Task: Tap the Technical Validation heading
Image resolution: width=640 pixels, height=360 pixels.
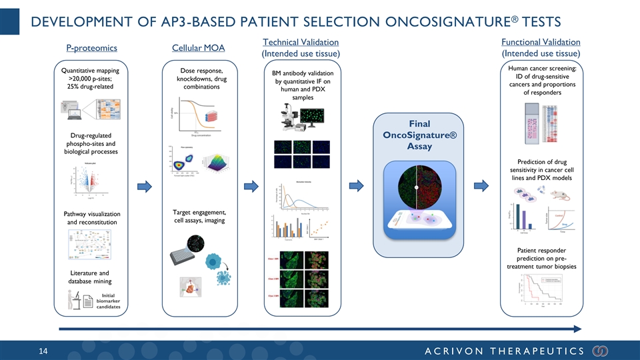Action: pyautogui.click(x=302, y=43)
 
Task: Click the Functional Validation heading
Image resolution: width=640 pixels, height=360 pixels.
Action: pyautogui.click(x=540, y=43)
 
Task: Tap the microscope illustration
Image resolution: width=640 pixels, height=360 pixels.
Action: pyautogui.click(x=291, y=118)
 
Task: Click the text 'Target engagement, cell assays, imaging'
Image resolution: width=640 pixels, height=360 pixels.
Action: pyautogui.click(x=199, y=217)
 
